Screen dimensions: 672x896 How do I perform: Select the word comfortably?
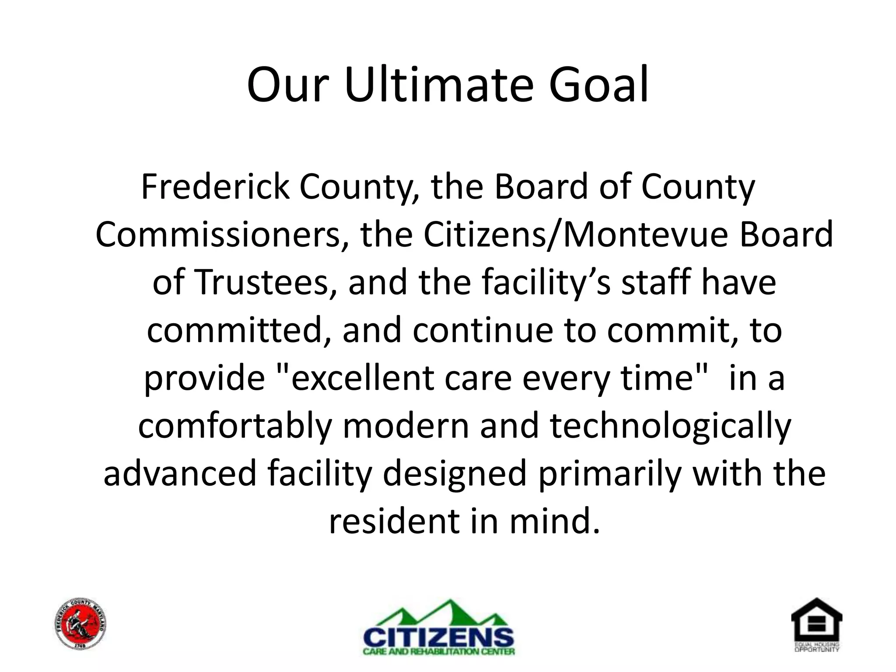[235, 426]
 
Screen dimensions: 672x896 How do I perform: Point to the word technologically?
[670, 426]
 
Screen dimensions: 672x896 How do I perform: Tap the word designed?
[455, 474]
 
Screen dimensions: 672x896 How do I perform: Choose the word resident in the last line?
[394, 521]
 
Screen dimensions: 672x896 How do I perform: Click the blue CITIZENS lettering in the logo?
[439, 637]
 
